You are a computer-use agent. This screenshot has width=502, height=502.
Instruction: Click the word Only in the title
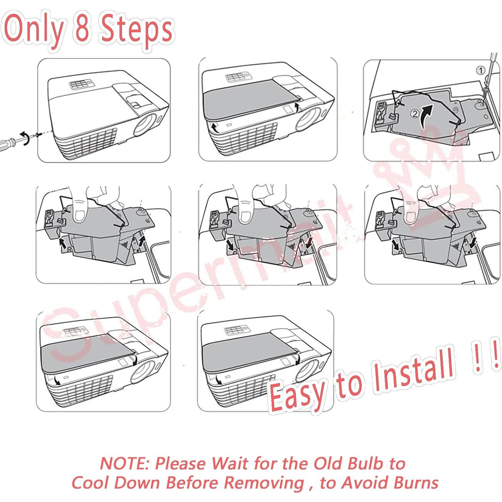[x=34, y=30]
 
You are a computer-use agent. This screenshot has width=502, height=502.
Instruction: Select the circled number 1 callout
[x=481, y=70]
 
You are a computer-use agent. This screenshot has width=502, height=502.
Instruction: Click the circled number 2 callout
[x=415, y=114]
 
